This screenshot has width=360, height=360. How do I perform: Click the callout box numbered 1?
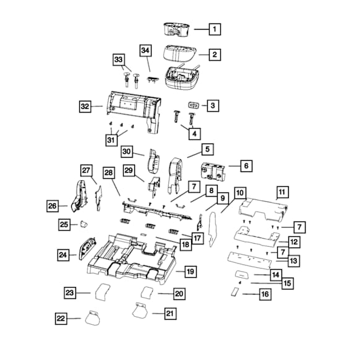tap(215, 29)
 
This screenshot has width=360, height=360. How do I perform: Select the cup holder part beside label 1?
tap(176, 30)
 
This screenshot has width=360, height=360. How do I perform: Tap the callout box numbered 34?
tap(145, 51)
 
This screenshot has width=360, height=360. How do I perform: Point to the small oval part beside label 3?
tap(194, 105)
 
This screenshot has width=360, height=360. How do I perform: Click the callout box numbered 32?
tap(85, 106)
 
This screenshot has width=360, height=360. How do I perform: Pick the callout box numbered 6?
tap(246, 166)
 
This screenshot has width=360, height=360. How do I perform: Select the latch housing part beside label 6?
tap(213, 171)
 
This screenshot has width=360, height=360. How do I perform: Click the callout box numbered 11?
tap(283, 192)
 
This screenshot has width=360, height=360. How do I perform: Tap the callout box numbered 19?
tap(191, 272)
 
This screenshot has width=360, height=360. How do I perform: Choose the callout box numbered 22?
tap(61, 319)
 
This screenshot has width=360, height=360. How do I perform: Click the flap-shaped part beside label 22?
tap(93, 317)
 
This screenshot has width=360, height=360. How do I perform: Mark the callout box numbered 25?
tap(64, 225)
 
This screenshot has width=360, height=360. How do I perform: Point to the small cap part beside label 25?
tap(84, 224)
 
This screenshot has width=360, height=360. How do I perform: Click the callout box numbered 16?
tap(265, 294)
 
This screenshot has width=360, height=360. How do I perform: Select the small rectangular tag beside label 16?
tap(235, 293)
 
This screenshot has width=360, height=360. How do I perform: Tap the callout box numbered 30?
tap(127, 152)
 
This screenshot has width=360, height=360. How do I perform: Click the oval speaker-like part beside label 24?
tap(88, 248)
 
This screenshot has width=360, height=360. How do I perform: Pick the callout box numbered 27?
tap(87, 171)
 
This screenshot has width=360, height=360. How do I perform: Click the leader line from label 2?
tap(204, 54)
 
